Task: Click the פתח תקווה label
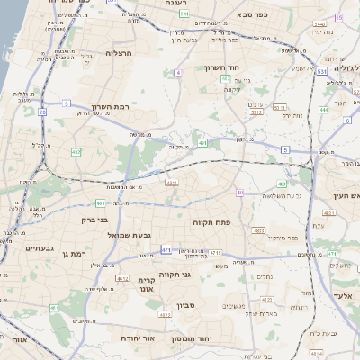click(211, 220)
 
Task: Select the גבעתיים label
click(42, 248)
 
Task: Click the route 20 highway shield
click(42, 112)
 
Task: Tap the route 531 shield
click(320, 71)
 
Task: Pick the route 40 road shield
click(240, 193)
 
